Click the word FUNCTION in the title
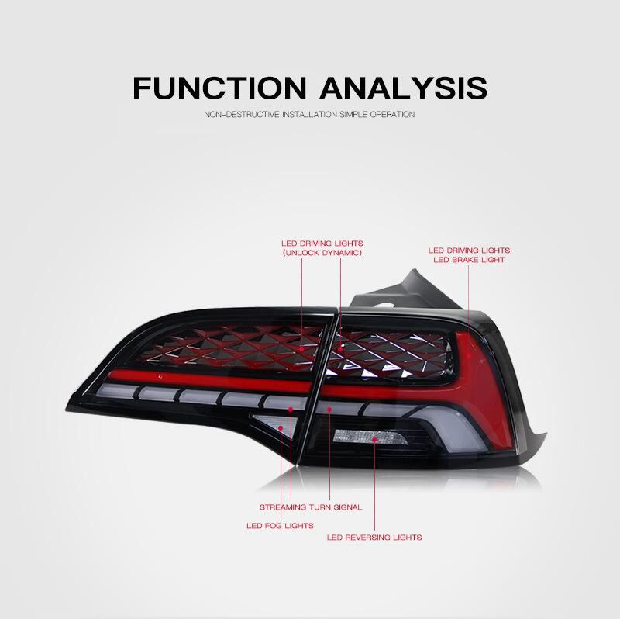215,87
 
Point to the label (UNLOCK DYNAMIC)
322,253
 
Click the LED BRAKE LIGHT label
469,260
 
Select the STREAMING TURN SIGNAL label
311,507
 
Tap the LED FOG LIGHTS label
280,525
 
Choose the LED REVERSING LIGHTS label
374,537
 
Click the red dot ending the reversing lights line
374,440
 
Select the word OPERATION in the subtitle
394,115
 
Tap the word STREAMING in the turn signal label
281,507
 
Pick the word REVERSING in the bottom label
371,537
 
